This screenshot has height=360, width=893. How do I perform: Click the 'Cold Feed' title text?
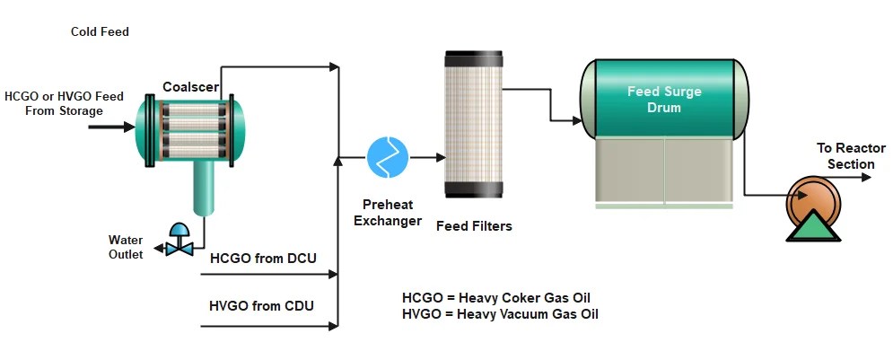pyautogui.click(x=100, y=32)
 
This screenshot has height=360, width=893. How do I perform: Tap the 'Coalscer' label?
pyautogui.click(x=189, y=86)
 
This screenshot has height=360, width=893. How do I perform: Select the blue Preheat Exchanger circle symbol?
pyautogui.click(x=388, y=158)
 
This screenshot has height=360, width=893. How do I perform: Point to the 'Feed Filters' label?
pyautogui.click(x=474, y=226)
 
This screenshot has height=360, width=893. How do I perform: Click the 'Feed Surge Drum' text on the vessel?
pyautogui.click(x=663, y=100)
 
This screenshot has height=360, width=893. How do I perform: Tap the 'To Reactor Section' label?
pyautogui.click(x=850, y=156)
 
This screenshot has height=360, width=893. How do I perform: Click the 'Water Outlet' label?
pyautogui.click(x=126, y=247)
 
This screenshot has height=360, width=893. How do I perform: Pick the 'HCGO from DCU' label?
pyautogui.click(x=263, y=259)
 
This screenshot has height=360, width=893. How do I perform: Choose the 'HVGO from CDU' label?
pyautogui.click(x=261, y=306)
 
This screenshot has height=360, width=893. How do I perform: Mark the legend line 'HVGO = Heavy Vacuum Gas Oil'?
pyautogui.click(x=500, y=314)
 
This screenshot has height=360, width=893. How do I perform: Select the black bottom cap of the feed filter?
pyautogui.click(x=474, y=190)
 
